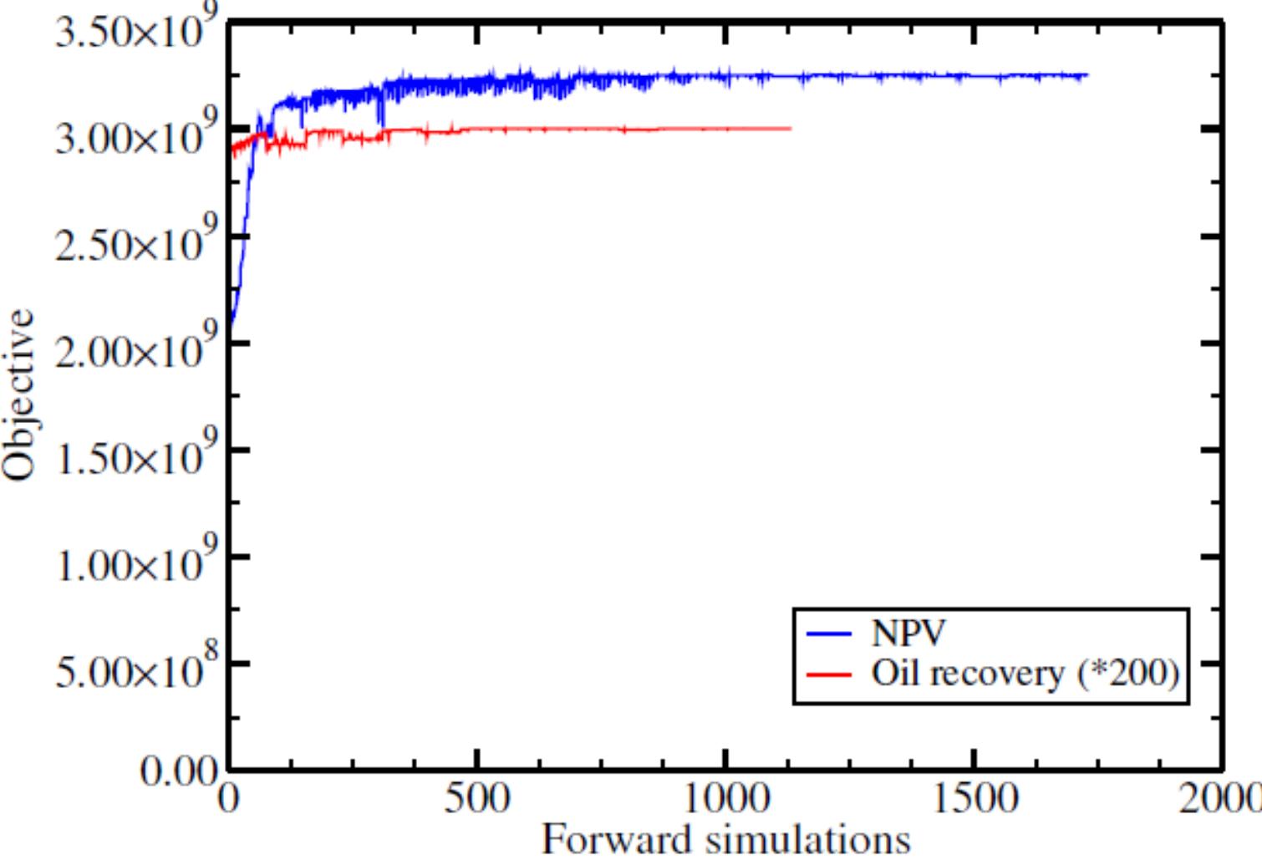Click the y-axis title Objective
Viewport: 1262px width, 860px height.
coord(20,394)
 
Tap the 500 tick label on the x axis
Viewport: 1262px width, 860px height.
coord(476,798)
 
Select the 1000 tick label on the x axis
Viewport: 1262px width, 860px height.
coord(725,798)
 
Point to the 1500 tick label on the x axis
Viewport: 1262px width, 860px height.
coord(974,798)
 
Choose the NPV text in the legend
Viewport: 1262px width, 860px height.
coord(908,633)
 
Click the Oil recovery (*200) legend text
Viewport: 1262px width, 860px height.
coord(1025,673)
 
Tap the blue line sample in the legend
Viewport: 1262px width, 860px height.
coord(829,634)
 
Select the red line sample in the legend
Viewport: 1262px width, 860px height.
coord(829,674)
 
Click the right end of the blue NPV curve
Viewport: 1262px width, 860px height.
coord(1087,76)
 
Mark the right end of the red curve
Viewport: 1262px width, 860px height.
coord(790,128)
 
